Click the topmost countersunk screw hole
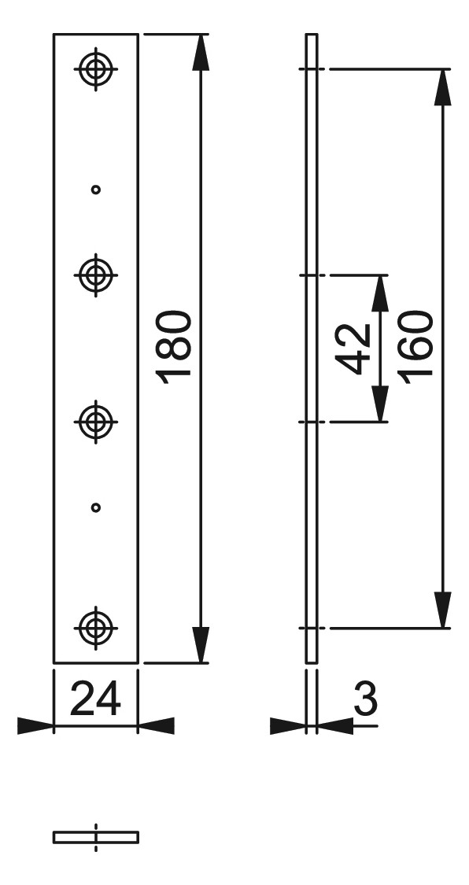(x=96, y=69)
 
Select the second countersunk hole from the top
(x=96, y=275)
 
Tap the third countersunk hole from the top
(x=96, y=421)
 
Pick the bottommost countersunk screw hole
(x=96, y=628)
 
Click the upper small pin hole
(x=96, y=190)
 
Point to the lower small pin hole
(x=96, y=507)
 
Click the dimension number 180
(x=174, y=347)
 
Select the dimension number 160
(x=415, y=343)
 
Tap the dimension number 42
(x=353, y=349)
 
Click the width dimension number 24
(x=95, y=699)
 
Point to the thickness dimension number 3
(x=365, y=699)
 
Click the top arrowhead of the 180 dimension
(x=201, y=53)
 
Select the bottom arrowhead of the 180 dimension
(x=201, y=644)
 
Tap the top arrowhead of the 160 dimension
(x=442, y=87)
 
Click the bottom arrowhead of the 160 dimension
(x=442, y=610)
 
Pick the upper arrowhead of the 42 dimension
(x=380, y=293)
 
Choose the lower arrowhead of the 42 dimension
(x=380, y=404)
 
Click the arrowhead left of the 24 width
(x=35, y=726)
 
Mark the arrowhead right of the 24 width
(x=157, y=726)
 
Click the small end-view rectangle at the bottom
(x=96, y=837)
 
